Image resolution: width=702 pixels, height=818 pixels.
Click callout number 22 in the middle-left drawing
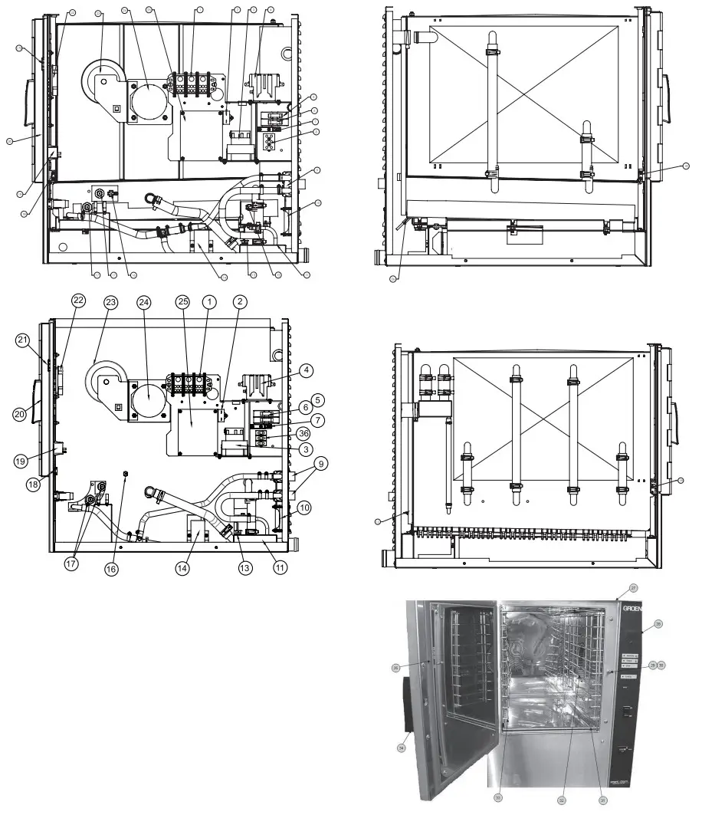pyautogui.click(x=78, y=301)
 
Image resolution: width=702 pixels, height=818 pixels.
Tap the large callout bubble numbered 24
pyautogui.click(x=142, y=302)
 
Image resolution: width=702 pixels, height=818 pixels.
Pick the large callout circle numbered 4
pyautogui.click(x=306, y=371)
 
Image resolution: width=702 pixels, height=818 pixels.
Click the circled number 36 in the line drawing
pyautogui.click(x=303, y=433)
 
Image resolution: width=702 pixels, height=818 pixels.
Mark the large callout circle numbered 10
pyautogui.click(x=305, y=508)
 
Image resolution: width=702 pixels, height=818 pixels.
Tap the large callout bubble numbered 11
pyautogui.click(x=280, y=568)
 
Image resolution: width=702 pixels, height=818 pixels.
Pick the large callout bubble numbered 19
pyautogui.click(x=21, y=461)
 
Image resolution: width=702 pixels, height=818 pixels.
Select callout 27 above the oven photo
pyautogui.click(x=634, y=588)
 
